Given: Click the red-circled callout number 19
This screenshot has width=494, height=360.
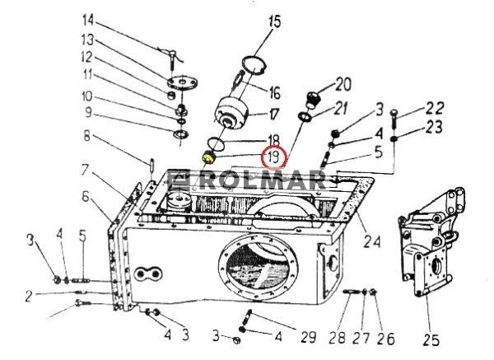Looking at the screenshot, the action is (273, 157).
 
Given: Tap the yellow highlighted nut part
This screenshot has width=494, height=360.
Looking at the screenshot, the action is (208, 157).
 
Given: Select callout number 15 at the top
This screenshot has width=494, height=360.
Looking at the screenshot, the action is (275, 21).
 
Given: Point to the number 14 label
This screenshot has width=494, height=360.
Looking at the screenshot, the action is (88, 20).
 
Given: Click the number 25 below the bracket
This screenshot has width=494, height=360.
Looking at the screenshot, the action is (431, 340).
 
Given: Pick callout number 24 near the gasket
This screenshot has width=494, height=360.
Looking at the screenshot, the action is (372, 241).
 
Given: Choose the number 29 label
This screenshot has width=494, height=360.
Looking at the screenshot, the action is (308, 337).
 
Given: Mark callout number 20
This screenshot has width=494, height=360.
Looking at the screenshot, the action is (343, 84).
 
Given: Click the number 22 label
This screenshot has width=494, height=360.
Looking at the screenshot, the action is (435, 108).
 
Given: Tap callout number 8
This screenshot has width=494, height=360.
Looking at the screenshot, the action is (86, 136).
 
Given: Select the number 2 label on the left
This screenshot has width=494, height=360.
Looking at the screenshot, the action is (29, 297).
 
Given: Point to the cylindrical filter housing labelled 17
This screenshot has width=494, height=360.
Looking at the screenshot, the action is (231, 113).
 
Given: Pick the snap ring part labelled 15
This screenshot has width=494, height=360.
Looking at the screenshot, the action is (254, 65).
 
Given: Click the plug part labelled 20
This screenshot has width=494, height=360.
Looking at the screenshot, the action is (313, 99).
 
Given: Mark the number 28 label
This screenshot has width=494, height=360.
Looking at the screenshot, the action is (338, 339).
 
